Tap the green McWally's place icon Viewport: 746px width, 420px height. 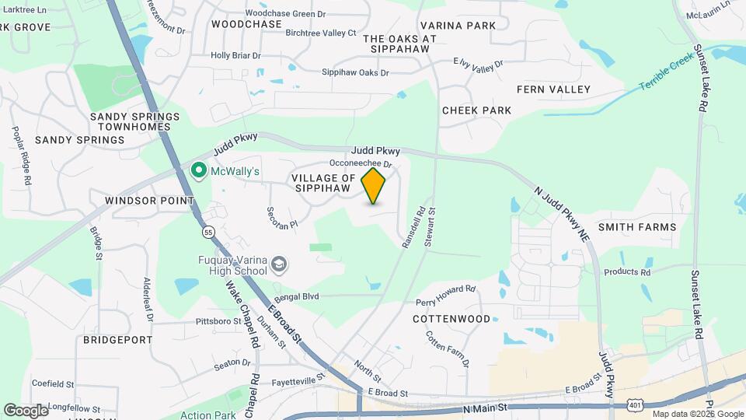[x=198, y=170]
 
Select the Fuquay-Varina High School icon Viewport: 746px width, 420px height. [x=278, y=266]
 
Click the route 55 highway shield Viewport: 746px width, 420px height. [x=208, y=232]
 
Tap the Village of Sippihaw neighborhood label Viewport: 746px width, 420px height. [x=324, y=184]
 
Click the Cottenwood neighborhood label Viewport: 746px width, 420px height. [x=451, y=319]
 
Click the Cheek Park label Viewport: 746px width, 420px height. [x=477, y=110]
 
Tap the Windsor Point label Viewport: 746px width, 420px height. [x=149, y=201]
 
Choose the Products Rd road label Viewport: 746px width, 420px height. [x=627, y=272]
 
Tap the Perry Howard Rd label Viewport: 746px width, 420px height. [x=445, y=296]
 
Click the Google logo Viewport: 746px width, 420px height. [x=26, y=410]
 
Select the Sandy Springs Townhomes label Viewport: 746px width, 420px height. [x=134, y=122]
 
